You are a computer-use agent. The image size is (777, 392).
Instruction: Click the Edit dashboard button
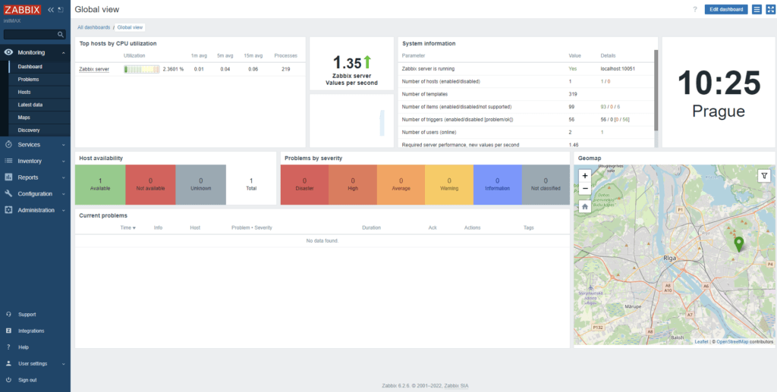point(725,9)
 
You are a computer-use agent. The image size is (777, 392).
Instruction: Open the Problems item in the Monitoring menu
point(28,79)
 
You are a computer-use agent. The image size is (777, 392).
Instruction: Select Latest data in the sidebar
point(30,105)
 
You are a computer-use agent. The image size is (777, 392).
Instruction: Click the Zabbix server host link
point(94,69)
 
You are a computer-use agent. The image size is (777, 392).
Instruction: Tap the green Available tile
point(100,184)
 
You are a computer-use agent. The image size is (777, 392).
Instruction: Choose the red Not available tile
point(150,184)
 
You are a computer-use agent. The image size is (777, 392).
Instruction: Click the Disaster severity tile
point(304,184)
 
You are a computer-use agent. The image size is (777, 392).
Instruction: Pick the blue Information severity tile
point(497,184)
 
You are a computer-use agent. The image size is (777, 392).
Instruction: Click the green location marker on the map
point(739,243)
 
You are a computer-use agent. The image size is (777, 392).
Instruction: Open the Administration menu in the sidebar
point(36,210)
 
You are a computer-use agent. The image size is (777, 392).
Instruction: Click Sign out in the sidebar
point(27,379)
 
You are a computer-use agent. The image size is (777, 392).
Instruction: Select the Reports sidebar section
point(28,177)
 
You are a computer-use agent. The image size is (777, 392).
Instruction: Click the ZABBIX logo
point(22,10)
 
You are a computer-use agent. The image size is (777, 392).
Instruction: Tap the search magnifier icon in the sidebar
point(61,35)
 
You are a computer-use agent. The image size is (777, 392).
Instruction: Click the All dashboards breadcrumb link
point(93,27)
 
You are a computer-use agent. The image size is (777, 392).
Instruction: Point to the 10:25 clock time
point(718,82)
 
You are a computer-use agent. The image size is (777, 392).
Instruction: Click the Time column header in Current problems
point(127,227)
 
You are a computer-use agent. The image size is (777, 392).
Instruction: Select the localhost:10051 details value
point(616,68)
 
